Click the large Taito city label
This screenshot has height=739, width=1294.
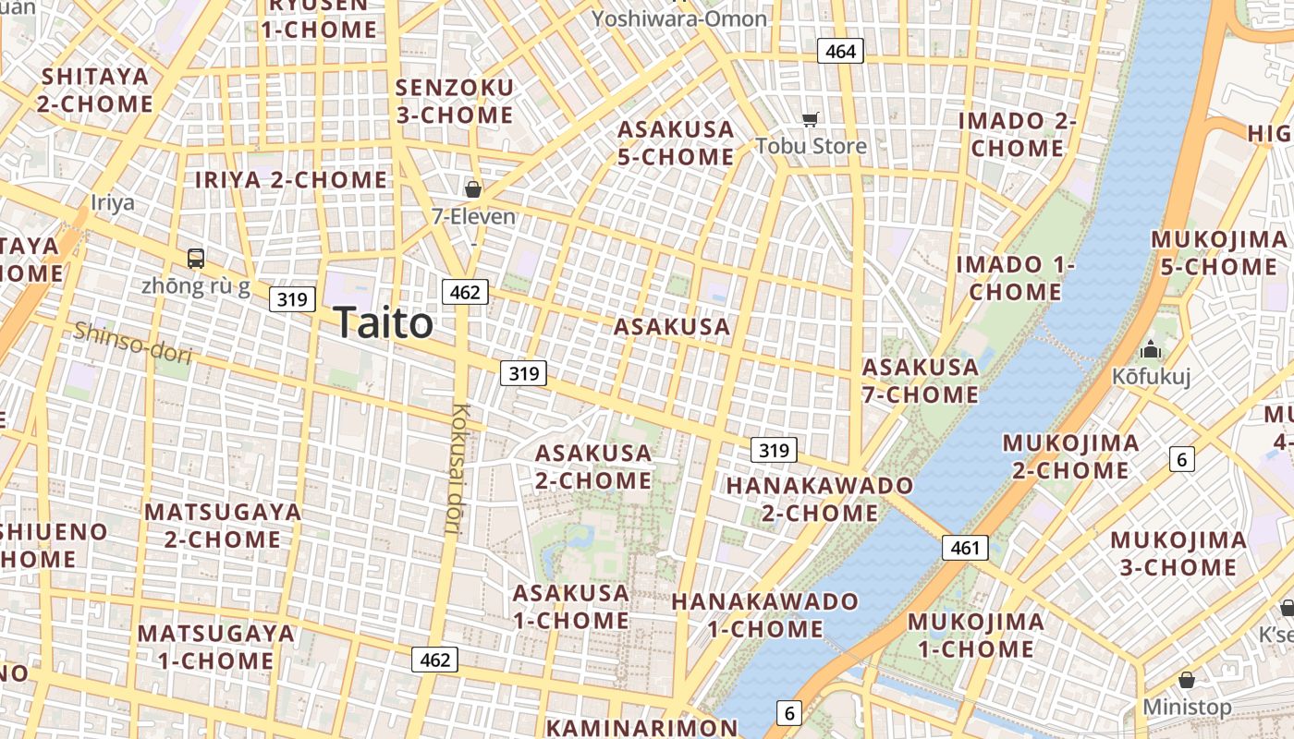(384, 323)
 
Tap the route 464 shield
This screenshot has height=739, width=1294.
(840, 52)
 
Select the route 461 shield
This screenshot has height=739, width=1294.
(965, 548)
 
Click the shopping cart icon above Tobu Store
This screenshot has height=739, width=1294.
(811, 119)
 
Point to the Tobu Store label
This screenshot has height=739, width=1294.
(811, 146)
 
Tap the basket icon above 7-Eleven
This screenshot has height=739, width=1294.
(473, 190)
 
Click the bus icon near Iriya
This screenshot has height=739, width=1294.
(196, 259)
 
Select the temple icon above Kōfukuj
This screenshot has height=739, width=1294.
(1151, 350)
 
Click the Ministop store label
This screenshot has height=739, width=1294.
(1187, 708)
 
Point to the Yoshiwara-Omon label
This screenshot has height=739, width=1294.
(679, 18)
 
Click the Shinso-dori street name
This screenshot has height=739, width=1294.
(132, 343)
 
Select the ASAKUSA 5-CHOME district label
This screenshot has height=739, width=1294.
(676, 143)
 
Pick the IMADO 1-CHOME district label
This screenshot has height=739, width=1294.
(1015, 278)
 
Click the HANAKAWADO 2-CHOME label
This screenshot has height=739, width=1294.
(819, 499)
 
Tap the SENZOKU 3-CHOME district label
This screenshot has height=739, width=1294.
(454, 102)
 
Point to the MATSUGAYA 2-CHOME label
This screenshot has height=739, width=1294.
(223, 526)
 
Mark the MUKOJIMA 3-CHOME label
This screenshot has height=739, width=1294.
(1178, 553)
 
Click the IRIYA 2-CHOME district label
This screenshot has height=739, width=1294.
(290, 180)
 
